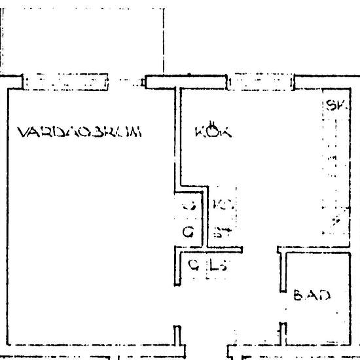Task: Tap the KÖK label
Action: click(213, 131)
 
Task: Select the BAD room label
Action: click(311, 295)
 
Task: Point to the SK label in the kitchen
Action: click(336, 105)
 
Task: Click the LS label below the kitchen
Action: click(219, 265)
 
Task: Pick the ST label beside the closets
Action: click(222, 231)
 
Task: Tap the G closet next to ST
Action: click(189, 231)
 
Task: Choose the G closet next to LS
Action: click(193, 265)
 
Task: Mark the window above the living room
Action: click(65, 82)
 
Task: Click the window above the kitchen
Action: click(261, 82)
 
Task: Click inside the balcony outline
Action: click(82, 39)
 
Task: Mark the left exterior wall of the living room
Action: click(7, 216)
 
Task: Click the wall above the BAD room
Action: click(317, 249)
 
